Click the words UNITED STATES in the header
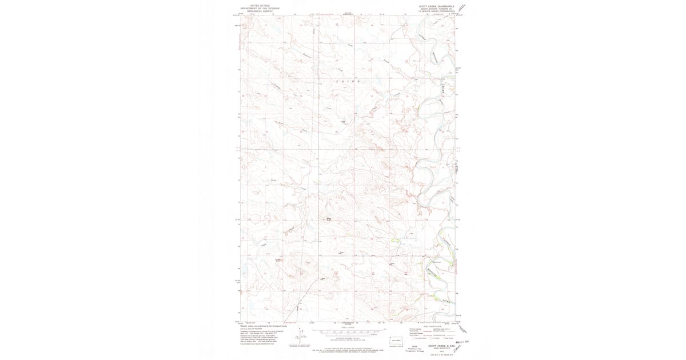[x=255, y=5]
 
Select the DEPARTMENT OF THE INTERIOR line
[x=255, y=8]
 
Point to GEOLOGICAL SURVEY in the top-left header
[x=255, y=11]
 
